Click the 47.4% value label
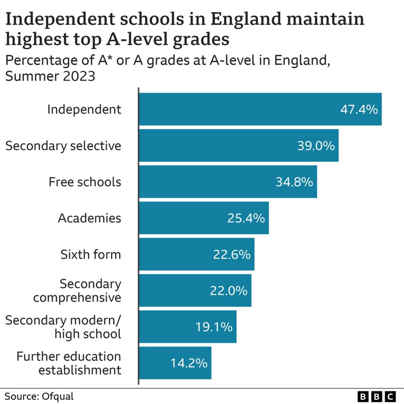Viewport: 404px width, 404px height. coord(359,110)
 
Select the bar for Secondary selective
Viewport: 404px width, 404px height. coord(238,146)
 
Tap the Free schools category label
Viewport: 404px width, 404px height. coord(85,182)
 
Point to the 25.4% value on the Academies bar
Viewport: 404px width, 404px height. coord(246,218)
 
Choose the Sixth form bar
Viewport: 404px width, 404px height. coord(196,255)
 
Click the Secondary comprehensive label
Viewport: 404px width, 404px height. coord(77,291)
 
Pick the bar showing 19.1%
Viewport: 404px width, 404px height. coord(187,327)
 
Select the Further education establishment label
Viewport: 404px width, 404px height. coord(69,363)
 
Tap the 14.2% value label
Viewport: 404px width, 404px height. coord(189,363)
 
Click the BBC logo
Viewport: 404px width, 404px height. coord(376,396)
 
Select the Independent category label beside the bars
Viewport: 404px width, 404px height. coord(84,110)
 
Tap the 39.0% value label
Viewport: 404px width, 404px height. coord(316,146)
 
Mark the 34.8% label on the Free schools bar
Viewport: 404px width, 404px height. coord(294,182)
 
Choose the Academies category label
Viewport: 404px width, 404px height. coord(89,218)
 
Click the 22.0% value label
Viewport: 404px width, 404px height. coord(228,291)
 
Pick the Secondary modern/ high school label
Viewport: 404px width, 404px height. coord(64,327)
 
